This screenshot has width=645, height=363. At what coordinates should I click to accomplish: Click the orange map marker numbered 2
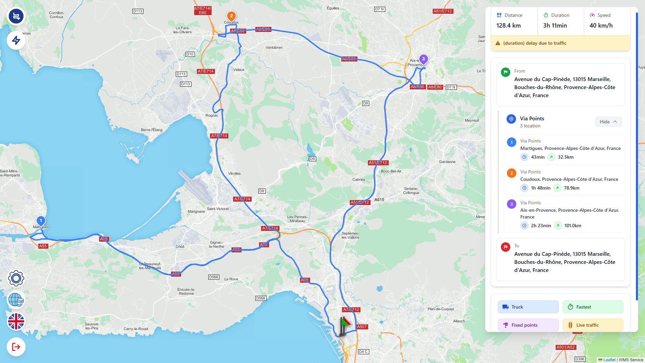click(x=231, y=16)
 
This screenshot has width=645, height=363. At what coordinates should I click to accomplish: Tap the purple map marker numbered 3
click(x=423, y=59)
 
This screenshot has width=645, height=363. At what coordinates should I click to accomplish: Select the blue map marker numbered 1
click(x=41, y=221)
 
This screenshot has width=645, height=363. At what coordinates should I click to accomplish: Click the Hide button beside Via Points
click(x=608, y=122)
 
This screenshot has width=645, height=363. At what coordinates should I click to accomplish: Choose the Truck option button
click(x=528, y=307)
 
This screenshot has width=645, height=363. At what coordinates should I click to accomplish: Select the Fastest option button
click(x=593, y=307)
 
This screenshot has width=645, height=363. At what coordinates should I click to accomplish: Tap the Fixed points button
click(x=528, y=325)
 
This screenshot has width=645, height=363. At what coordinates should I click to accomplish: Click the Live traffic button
click(x=593, y=325)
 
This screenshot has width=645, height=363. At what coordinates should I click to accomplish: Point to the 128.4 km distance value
click(x=509, y=26)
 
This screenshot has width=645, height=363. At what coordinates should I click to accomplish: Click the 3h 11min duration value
click(x=555, y=26)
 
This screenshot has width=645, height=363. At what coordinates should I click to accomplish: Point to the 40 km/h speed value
click(x=601, y=26)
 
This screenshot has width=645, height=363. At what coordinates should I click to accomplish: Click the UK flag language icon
click(x=16, y=321)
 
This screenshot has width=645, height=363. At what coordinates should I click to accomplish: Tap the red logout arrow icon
click(x=16, y=347)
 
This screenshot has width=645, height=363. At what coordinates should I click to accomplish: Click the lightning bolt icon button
click(x=16, y=41)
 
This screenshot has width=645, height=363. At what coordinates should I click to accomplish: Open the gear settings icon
click(x=16, y=278)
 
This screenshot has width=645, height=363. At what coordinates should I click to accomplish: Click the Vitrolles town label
click(x=234, y=174)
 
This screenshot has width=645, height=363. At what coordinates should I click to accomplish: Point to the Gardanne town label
click(x=447, y=162)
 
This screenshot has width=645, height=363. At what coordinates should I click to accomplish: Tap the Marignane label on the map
click(x=196, y=212)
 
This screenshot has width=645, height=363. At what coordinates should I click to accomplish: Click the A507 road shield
click(x=362, y=327)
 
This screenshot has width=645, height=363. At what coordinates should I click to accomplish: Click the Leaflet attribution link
click(x=609, y=360)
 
